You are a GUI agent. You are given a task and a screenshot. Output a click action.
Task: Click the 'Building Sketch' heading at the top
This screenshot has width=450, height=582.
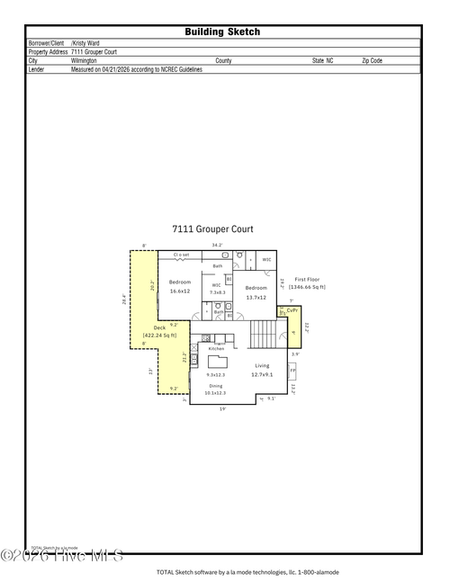click(x=222, y=31)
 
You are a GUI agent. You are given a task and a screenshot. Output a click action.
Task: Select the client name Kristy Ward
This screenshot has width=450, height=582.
click(x=86, y=42)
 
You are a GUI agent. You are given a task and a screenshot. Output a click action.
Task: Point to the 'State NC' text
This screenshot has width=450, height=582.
click(x=322, y=60)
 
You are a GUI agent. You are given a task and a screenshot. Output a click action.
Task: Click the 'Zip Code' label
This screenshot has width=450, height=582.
click(x=372, y=60)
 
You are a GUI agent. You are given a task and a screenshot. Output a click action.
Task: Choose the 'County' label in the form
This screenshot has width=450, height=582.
click(x=223, y=60)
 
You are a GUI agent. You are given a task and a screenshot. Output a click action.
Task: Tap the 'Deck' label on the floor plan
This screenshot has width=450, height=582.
click(x=159, y=327)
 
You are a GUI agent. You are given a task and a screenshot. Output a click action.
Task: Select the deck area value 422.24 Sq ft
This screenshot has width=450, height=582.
click(x=159, y=336)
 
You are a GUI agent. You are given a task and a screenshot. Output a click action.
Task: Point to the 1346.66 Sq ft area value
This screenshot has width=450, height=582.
click(x=307, y=287)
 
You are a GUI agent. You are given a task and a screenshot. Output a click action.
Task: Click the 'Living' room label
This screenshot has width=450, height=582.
click(x=262, y=365)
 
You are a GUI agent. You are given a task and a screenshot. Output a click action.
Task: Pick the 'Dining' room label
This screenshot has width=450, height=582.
click(x=215, y=385)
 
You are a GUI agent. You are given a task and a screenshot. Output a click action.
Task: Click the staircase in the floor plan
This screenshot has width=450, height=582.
click(x=262, y=336)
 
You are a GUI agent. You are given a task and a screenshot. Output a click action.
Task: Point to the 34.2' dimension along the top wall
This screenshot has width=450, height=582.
click(x=216, y=245)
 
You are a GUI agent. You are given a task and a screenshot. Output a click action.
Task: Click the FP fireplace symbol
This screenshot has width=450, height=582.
click(x=292, y=370)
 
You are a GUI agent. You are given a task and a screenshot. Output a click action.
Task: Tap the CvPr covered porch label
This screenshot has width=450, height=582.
click(x=292, y=313)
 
